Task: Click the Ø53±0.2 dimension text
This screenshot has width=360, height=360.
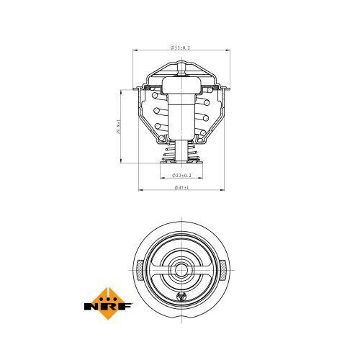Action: point(180,47)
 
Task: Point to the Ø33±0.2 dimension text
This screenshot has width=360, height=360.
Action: point(181,175)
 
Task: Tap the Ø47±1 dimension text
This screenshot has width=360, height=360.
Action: point(181,188)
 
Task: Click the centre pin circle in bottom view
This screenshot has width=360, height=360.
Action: point(181,271)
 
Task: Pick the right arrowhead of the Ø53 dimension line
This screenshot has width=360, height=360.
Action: point(227,50)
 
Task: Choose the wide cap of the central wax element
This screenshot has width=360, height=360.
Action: point(181,84)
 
